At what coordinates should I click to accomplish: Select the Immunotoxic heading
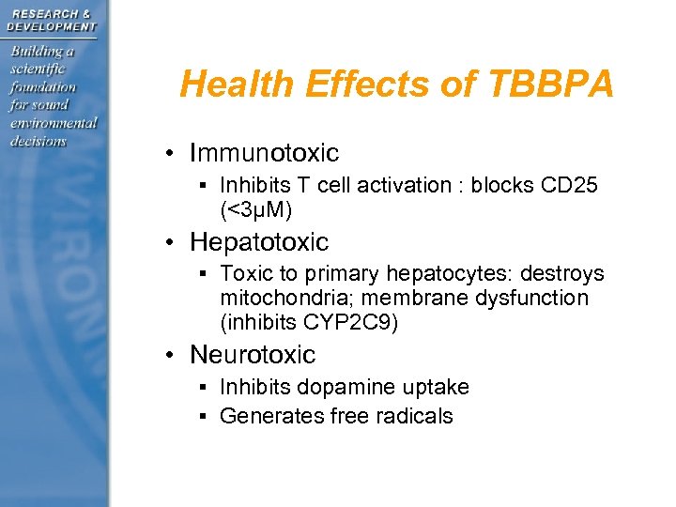pyautogui.click(x=264, y=152)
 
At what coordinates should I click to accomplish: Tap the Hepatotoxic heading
pyautogui.click(x=259, y=242)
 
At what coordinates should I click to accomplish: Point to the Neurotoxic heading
pyautogui.click(x=253, y=355)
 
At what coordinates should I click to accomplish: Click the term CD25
pyautogui.click(x=569, y=185)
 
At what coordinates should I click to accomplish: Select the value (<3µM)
pyautogui.click(x=256, y=208)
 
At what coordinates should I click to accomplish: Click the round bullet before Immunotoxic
pyautogui.click(x=165, y=153)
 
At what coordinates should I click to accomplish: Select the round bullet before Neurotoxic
pyautogui.click(x=165, y=356)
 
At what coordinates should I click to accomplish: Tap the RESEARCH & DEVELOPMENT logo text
pyautogui.click(x=51, y=20)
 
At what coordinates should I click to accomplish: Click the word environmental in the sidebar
pyautogui.click(x=53, y=122)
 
